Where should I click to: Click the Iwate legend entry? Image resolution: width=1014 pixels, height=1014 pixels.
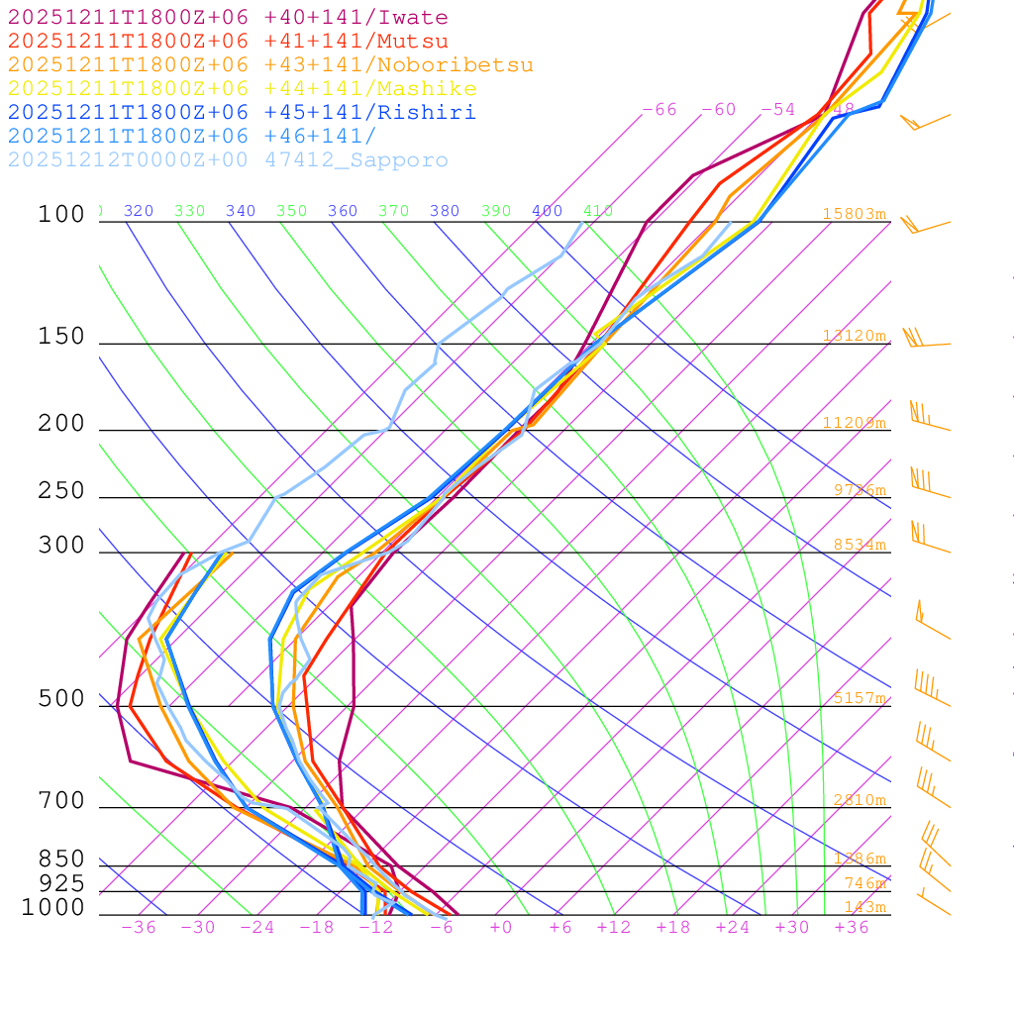pos(228,18)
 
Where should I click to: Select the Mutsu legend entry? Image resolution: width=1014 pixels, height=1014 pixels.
pos(228,42)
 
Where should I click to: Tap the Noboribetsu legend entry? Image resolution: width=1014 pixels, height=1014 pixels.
pos(270,65)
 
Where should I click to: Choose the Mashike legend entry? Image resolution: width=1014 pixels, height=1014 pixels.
pos(242,89)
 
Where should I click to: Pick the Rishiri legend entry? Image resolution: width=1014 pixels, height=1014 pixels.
pos(242,113)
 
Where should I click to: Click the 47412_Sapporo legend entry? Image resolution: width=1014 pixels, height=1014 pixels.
pos(228,160)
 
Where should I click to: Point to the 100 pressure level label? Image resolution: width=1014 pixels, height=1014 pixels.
pos(61,215)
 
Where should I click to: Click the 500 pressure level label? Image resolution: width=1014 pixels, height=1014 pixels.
pos(61,699)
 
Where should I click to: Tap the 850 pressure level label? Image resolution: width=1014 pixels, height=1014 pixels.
pos(61,859)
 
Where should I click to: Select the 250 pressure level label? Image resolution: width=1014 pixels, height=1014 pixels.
pos(61,491)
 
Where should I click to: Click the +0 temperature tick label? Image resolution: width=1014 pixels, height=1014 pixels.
pos(501,928)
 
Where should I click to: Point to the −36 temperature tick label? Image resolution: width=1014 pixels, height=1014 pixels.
pos(139,928)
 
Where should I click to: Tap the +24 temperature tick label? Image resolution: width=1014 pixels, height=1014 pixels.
pos(733,928)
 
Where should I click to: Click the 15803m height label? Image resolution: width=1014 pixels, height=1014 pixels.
pos(854,214)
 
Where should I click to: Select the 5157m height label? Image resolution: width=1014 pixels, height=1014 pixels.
pos(858,698)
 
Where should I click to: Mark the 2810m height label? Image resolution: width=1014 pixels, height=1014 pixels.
pos(858,800)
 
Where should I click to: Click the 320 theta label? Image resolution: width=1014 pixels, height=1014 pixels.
pos(138,211)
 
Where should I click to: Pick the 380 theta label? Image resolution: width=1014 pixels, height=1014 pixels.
pos(445,211)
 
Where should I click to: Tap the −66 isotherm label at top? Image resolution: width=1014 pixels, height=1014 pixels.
pos(659,110)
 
